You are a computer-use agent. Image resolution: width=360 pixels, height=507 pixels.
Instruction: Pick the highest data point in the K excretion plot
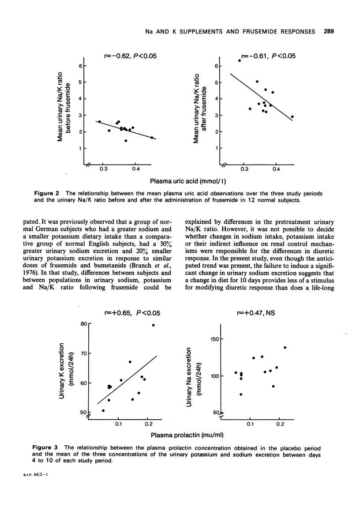tap(154, 325)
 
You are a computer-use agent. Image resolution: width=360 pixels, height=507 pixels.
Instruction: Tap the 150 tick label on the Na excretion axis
tap(214, 339)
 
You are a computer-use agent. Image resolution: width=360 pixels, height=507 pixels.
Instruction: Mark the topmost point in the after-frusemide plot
tap(240, 60)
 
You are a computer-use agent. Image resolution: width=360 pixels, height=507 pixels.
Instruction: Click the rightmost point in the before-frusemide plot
tap(152, 138)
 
